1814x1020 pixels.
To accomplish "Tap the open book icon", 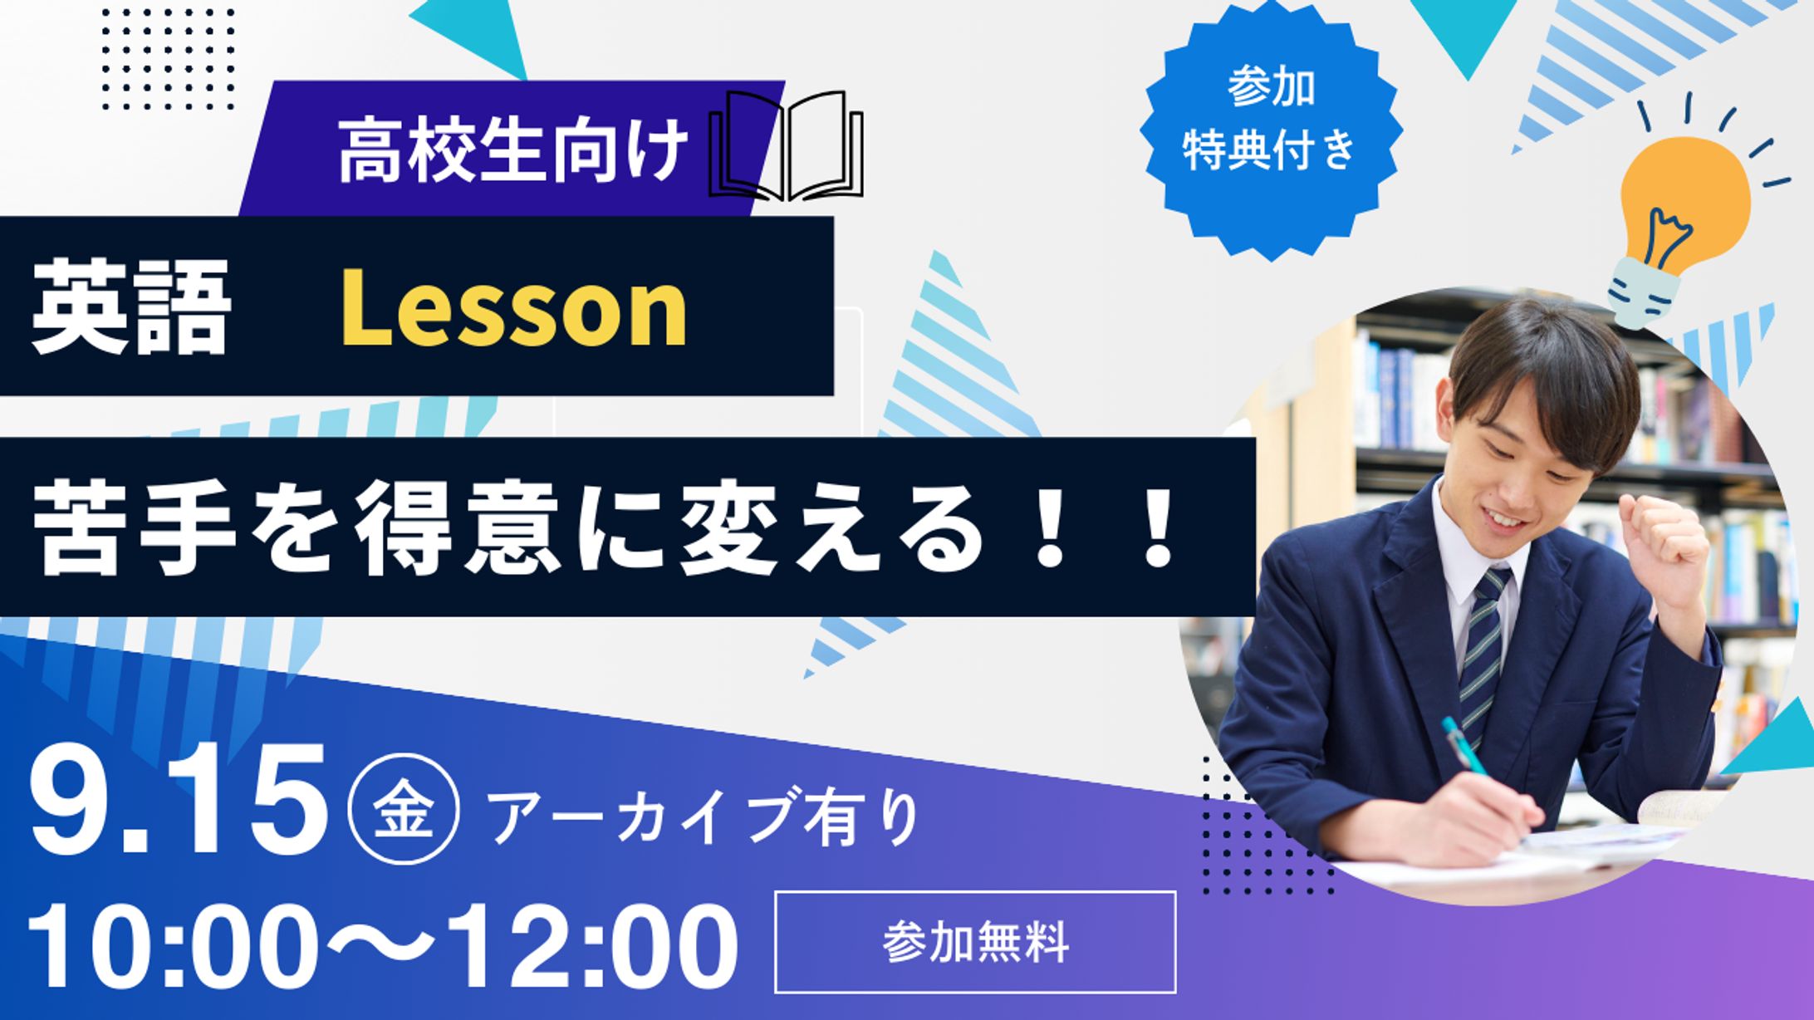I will click(x=787, y=147).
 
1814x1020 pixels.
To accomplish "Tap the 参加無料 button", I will click(x=975, y=942).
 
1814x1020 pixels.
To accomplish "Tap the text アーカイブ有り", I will click(x=706, y=819).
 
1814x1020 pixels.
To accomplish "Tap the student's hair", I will click(x=1537, y=365).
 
